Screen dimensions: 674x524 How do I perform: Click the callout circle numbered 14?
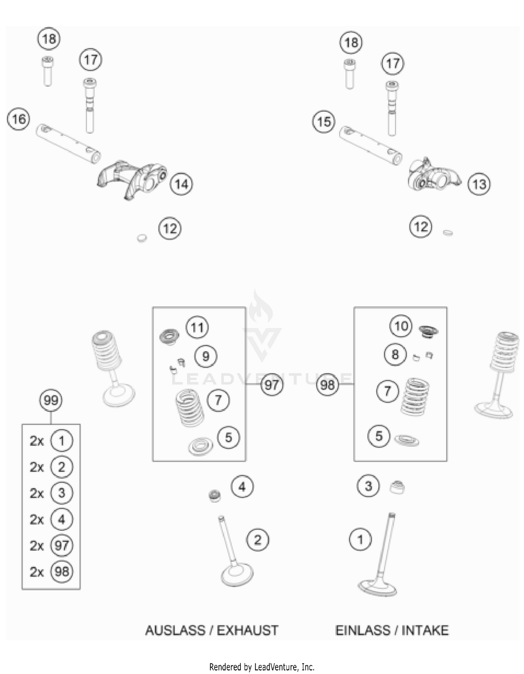[x=181, y=184]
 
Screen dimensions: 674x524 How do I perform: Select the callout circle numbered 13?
[x=479, y=184]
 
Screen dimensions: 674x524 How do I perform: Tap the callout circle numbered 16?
[x=19, y=119]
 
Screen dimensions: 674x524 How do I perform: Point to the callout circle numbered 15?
[x=324, y=122]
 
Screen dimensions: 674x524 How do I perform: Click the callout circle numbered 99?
[x=51, y=400]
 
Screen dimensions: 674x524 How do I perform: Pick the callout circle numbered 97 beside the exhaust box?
[x=271, y=385]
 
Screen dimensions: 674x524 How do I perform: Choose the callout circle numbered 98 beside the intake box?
[x=327, y=385]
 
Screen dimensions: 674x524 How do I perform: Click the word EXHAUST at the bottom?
[x=247, y=631]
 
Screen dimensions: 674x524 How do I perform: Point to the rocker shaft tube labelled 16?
[x=69, y=143]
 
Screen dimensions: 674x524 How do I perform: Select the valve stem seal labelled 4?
[x=214, y=496]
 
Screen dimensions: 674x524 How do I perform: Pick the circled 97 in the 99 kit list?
[x=62, y=545]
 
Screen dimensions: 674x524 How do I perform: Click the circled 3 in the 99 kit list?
[x=62, y=493]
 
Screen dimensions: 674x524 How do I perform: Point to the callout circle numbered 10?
[x=401, y=326]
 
